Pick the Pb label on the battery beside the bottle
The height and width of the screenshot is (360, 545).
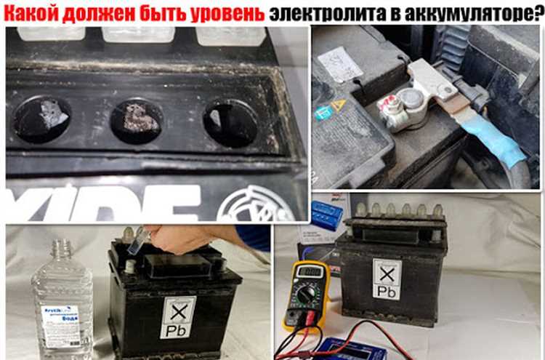tap(178, 317)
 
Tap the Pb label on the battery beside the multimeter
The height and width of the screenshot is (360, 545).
tap(387, 281)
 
